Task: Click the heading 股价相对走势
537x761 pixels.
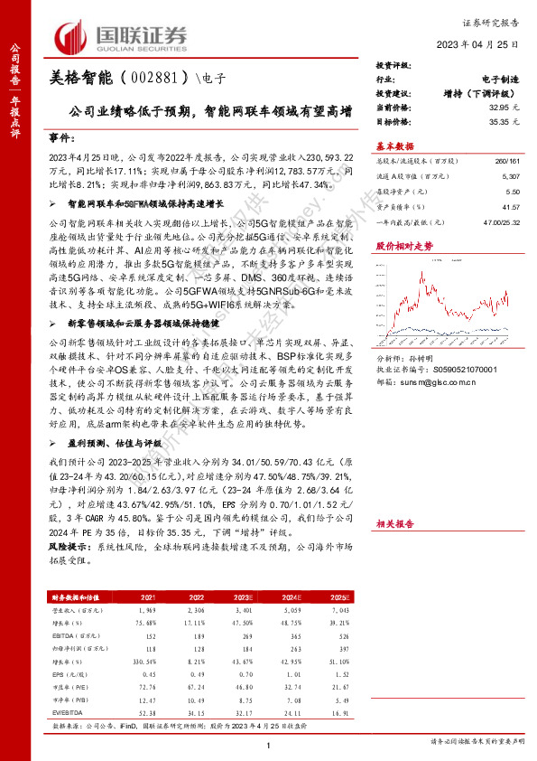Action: [x=404, y=246]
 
